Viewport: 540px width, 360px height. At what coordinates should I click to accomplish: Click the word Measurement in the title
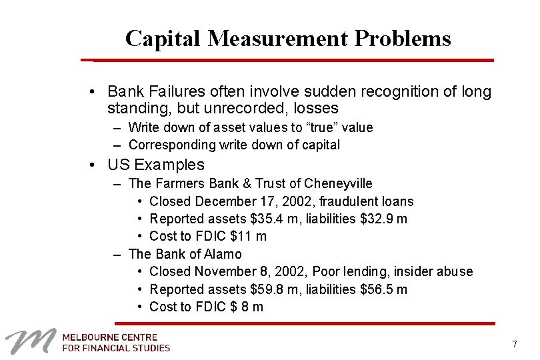tap(278, 39)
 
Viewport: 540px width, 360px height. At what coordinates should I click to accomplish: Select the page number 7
tap(514, 344)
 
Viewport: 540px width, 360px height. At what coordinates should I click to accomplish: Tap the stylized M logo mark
tap(31, 341)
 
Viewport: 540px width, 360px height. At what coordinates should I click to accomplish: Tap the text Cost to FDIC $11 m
tap(208, 236)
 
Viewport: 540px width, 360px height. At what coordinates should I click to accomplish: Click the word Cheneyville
tap(338, 183)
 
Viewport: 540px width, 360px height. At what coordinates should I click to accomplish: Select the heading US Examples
tap(156, 165)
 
